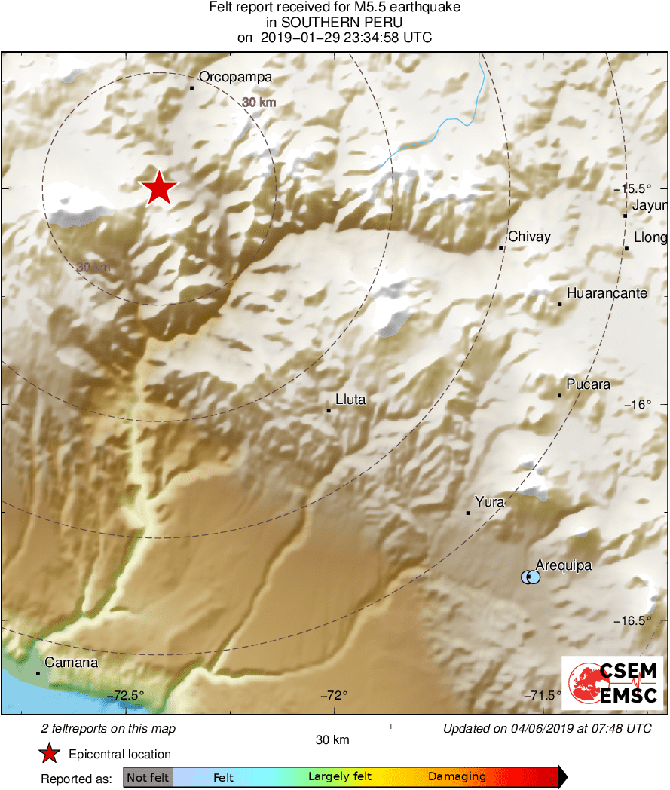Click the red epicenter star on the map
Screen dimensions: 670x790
click(158, 188)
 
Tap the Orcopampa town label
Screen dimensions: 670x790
click(235, 77)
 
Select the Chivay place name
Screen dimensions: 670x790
click(529, 237)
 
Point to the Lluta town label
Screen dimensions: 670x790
click(350, 400)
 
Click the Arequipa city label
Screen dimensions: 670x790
click(564, 565)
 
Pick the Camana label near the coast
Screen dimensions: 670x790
click(72, 663)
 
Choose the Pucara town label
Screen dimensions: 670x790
click(589, 384)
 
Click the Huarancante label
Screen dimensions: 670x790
click(607, 293)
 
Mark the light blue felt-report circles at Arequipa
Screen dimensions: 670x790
click(531, 577)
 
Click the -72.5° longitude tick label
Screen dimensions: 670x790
click(126, 695)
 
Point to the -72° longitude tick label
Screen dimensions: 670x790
click(335, 695)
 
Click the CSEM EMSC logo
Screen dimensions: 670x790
click(612, 682)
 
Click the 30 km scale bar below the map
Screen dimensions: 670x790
click(332, 727)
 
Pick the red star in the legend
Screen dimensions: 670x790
click(50, 754)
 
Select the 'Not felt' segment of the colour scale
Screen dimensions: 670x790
click(148, 777)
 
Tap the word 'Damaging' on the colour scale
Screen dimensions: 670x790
click(457, 777)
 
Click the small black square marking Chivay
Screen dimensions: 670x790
click(501, 248)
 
